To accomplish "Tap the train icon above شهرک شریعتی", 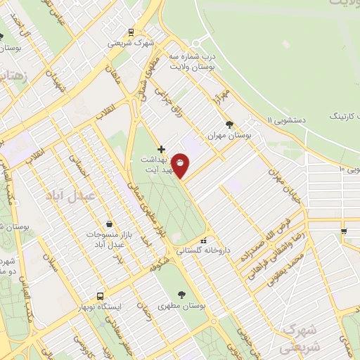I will [x=131, y=32].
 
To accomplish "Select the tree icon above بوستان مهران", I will [x=229, y=123].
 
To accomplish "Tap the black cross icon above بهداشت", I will [x=162, y=149].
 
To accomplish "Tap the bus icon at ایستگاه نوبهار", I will [x=100, y=296].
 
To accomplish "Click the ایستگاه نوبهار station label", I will [x=99, y=307].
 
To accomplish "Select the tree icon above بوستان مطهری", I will [x=183, y=295].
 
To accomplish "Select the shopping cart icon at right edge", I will [x=343, y=231].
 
